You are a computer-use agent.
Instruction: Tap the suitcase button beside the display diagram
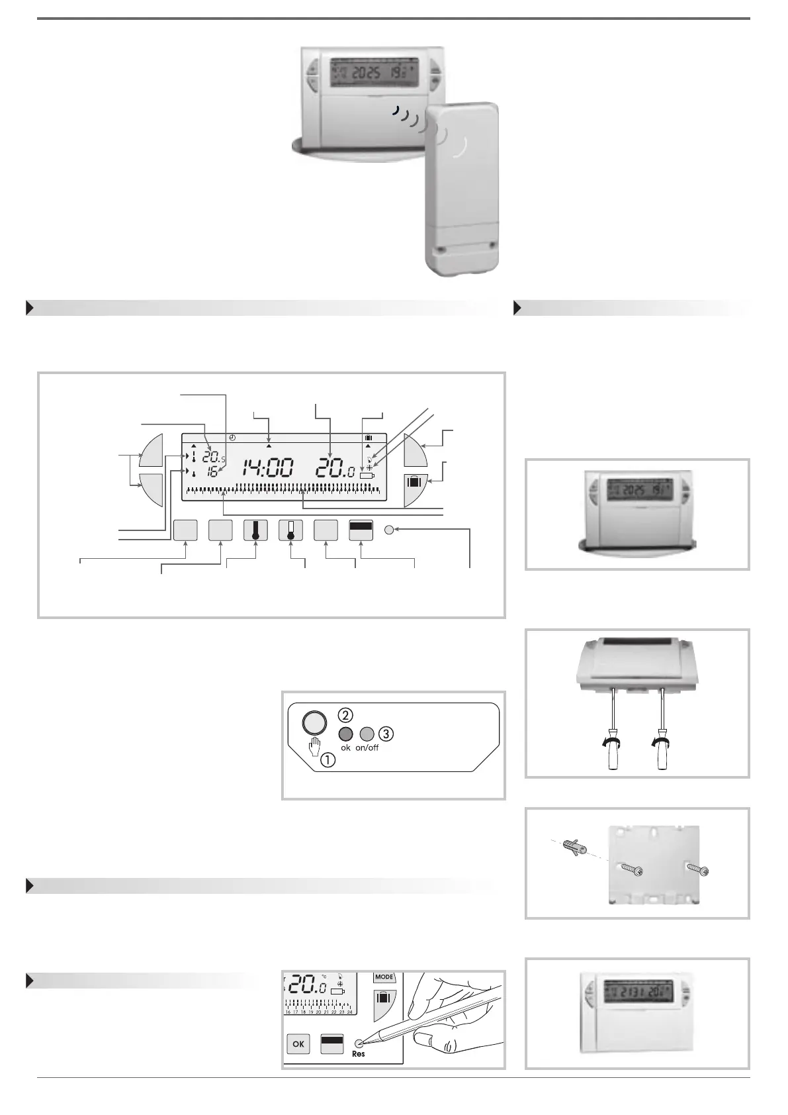tap(415, 482)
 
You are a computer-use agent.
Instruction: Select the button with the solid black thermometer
tap(255, 531)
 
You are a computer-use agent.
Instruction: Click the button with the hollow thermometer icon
tap(290, 531)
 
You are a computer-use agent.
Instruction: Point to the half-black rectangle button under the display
tap(361, 531)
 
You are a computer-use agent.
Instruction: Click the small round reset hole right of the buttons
tap(390, 530)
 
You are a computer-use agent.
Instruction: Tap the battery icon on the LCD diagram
tap(367, 475)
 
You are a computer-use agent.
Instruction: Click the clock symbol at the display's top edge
tap(232, 438)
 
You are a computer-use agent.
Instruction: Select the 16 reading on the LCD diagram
tap(212, 473)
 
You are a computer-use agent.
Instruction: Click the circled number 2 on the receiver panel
tap(345, 716)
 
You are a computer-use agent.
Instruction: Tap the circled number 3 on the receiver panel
tap(386, 734)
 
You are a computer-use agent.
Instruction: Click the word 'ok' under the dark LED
tap(345, 748)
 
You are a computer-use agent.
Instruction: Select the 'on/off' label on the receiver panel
tap(367, 748)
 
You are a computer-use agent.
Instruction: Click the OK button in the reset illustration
tap(298, 1044)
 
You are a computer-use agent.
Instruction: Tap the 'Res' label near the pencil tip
tap(359, 1053)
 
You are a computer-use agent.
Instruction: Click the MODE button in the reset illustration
tap(384, 977)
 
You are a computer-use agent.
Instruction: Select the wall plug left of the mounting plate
tap(572, 847)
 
